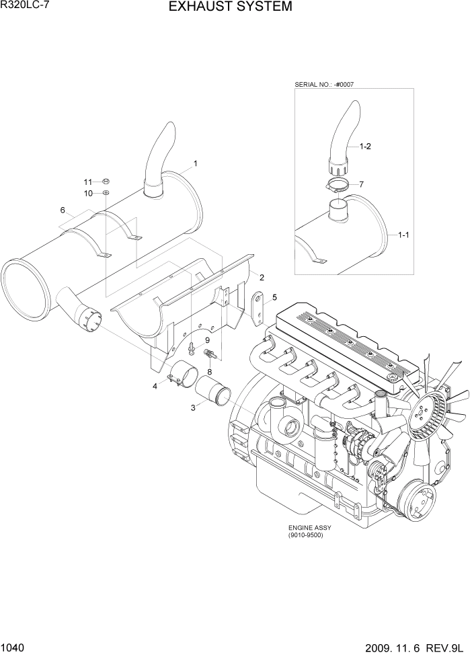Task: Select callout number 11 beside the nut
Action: pos(88,182)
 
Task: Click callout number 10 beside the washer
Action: pos(88,194)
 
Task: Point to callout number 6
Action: pos(63,210)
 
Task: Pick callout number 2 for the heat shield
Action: pos(261,278)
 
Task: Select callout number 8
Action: pos(209,371)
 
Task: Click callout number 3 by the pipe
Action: pos(194,407)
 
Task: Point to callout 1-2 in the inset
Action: pos(365,146)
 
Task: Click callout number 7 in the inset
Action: pos(361,184)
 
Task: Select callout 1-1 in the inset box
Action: pos(404,235)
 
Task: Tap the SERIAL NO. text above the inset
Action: pos(324,85)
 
